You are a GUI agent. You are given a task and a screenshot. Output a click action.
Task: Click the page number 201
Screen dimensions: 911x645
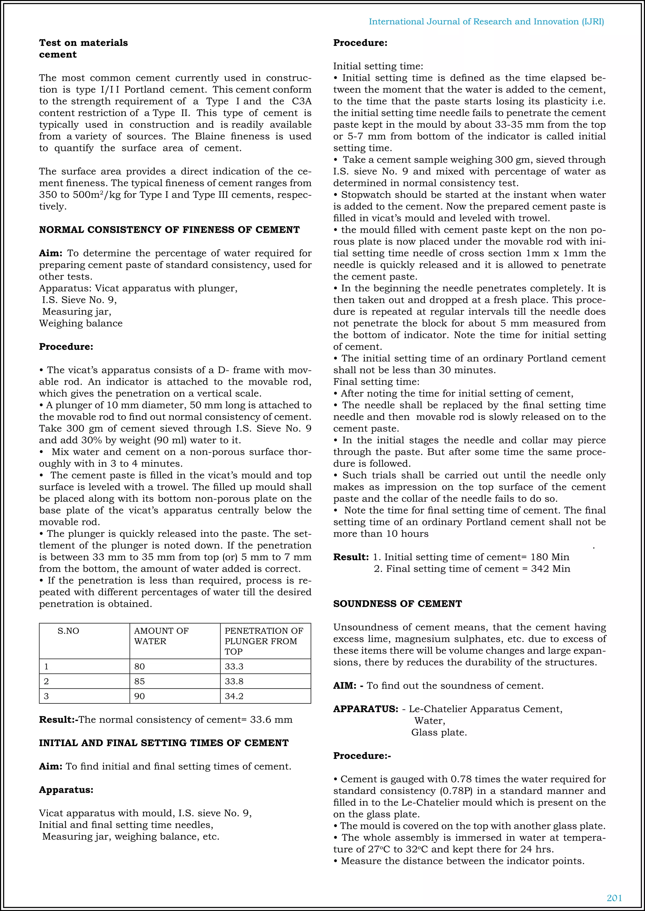click(x=614, y=898)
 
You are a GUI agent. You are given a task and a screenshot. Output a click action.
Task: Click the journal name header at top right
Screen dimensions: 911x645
click(x=486, y=22)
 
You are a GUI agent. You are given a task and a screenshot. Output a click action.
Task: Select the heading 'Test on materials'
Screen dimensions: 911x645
click(x=83, y=43)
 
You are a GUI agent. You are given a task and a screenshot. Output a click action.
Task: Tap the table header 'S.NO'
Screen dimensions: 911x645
click(x=68, y=631)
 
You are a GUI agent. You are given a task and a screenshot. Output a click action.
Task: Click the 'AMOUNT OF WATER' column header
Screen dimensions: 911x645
click(x=161, y=636)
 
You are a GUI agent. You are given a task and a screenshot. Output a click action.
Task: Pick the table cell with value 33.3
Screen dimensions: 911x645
click(x=234, y=667)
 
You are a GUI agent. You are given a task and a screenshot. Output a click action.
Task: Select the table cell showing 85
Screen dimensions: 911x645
click(x=140, y=681)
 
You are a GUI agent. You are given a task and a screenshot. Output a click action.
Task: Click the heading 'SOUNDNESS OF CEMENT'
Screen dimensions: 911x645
click(x=397, y=604)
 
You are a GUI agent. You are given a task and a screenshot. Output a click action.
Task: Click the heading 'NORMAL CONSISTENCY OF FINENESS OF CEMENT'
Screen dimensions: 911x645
click(x=169, y=230)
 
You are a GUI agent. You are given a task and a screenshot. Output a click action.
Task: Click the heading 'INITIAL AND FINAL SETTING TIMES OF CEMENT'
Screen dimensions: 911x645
click(x=164, y=743)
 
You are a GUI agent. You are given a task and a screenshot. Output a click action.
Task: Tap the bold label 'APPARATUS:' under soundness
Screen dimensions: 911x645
click(x=365, y=709)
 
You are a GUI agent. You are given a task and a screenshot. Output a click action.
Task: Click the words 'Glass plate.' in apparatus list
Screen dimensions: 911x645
click(x=439, y=732)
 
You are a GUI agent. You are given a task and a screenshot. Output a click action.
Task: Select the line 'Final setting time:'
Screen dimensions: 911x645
click(x=376, y=382)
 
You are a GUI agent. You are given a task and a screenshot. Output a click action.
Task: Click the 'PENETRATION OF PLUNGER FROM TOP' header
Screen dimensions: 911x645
click(x=264, y=641)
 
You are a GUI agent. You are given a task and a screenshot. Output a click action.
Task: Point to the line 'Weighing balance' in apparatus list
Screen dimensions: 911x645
click(x=81, y=323)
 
